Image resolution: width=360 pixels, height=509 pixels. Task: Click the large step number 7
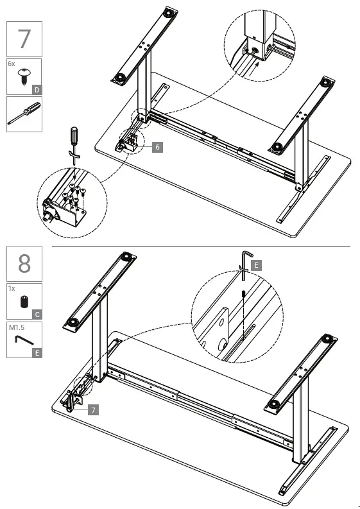(x=24, y=39)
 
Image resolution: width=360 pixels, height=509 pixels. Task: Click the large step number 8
(x=24, y=263)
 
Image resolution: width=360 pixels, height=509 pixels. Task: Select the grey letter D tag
(x=37, y=90)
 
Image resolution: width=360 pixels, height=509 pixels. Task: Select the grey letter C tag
(x=37, y=315)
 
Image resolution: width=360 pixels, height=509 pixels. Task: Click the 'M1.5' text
(x=16, y=327)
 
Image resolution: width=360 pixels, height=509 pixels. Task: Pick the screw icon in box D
(x=22, y=78)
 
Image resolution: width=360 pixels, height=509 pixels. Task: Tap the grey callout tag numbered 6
(x=158, y=147)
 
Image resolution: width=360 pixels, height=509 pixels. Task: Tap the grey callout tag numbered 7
(x=94, y=408)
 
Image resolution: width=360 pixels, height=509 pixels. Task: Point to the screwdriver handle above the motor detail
(x=74, y=137)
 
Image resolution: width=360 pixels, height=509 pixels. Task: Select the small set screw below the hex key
(x=245, y=294)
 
